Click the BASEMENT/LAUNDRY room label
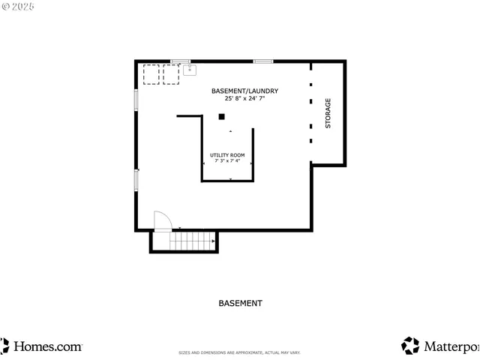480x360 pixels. tap(244, 91)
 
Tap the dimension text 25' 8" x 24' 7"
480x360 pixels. tap(244, 98)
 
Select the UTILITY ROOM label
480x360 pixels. tap(226, 154)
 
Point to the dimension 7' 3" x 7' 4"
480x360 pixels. tap(226, 160)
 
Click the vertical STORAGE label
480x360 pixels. tap(328, 113)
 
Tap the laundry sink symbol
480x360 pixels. tap(189, 71)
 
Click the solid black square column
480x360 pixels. tap(221, 116)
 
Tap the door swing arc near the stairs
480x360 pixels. tap(163, 220)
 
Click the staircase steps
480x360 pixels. tap(192, 241)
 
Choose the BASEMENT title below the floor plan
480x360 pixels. tap(240, 304)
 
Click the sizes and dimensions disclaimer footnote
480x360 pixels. tap(239, 352)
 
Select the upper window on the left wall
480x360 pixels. tap(136, 100)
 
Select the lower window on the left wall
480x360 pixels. tap(136, 179)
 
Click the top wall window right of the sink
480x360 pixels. tap(262, 61)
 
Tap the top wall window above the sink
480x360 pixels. tap(180, 61)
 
